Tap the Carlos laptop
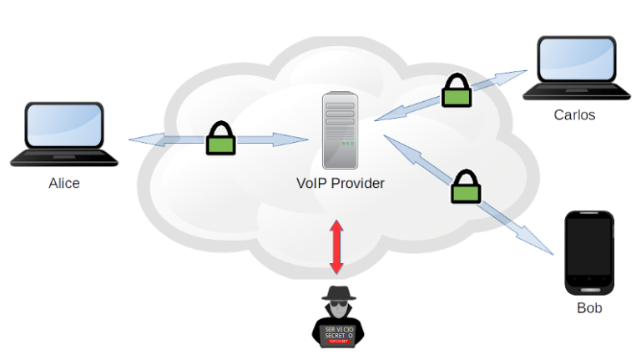(576, 70)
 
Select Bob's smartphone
(589, 251)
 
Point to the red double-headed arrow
(336, 246)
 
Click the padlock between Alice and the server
(220, 139)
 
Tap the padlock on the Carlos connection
(456, 91)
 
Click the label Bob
(589, 308)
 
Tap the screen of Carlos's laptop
(576, 60)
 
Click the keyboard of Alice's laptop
(63, 158)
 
